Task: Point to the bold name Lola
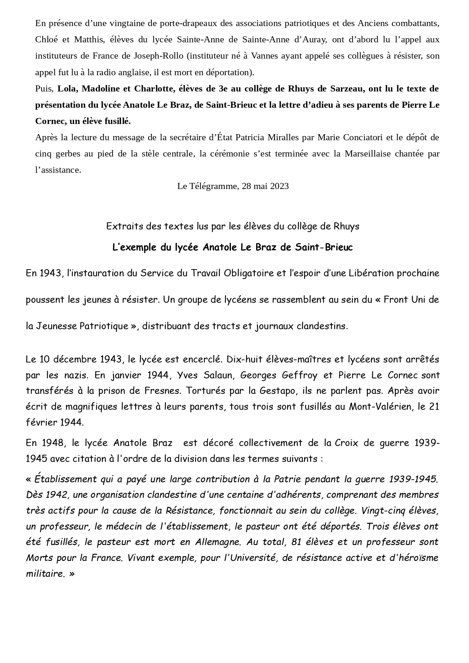click(67, 88)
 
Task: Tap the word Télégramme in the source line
click(214, 186)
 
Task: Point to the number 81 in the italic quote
click(297, 542)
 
